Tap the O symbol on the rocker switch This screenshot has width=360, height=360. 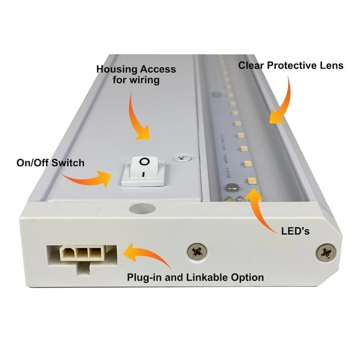(144, 161)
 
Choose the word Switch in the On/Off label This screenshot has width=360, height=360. (69, 162)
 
